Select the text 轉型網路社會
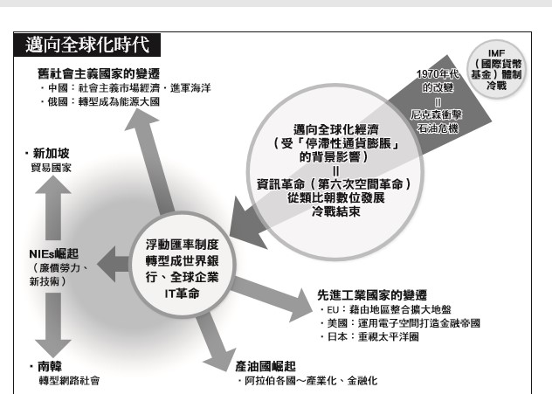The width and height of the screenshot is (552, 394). (65, 380)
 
